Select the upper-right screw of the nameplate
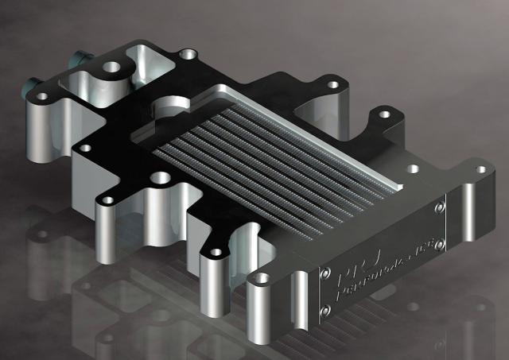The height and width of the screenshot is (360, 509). click(x=439, y=207)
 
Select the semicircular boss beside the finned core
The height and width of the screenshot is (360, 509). click(x=168, y=107)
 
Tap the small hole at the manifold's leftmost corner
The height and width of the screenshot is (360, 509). click(x=41, y=96)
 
